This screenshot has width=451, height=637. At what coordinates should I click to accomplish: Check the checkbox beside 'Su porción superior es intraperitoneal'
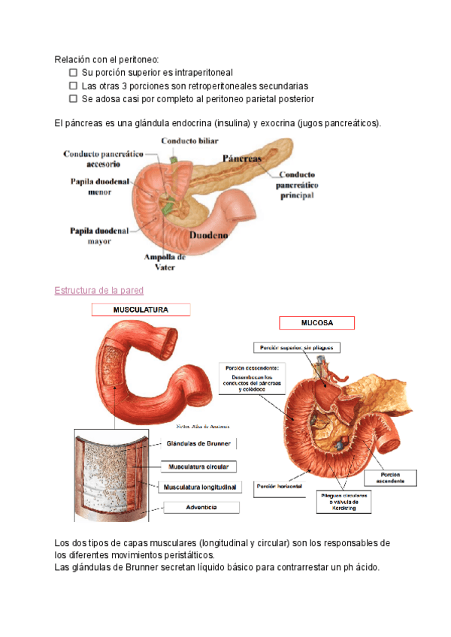73,73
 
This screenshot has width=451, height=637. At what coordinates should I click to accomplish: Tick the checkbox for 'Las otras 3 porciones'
73,86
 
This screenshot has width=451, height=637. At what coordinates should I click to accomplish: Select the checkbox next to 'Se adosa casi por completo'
73,98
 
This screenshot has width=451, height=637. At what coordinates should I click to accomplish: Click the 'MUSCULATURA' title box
141,309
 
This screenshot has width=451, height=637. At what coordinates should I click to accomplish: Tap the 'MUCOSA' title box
316,323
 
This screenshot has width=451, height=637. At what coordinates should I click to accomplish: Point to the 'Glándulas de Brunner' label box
198,443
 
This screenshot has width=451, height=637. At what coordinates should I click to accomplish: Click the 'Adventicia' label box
201,507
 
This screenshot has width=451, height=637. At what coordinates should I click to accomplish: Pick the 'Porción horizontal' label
280,487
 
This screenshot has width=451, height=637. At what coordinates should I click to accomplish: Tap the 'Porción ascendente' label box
389,477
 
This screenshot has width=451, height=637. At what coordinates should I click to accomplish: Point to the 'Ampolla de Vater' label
165,261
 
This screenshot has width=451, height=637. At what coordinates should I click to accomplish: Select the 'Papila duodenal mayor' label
100,235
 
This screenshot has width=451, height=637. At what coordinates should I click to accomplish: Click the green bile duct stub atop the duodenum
173,159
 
